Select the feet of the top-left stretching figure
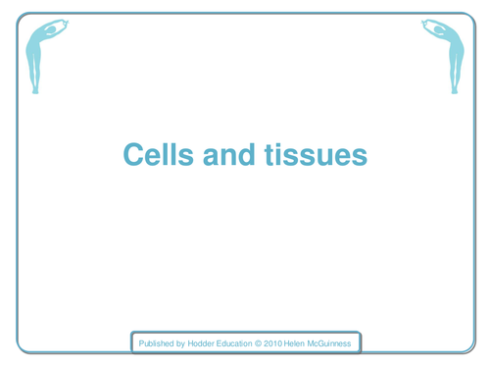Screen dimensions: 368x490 (x=36, y=89)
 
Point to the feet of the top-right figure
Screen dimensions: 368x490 (x=454, y=89)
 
